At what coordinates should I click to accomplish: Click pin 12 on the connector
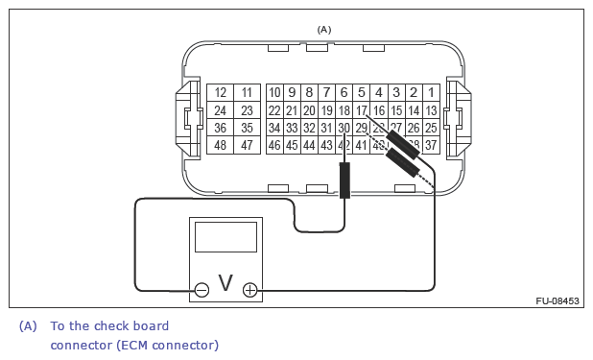click(221, 93)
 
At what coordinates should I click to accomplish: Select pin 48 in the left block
click(221, 146)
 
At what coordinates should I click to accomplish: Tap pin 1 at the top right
click(431, 93)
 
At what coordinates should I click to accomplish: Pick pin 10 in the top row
click(274, 93)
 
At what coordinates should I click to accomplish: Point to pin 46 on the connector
click(274, 146)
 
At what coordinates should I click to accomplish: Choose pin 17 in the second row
click(362, 110)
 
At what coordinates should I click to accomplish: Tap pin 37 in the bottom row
click(431, 146)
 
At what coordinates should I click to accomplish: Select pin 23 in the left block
click(247, 110)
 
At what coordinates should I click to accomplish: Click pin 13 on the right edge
click(431, 110)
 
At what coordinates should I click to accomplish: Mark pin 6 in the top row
click(344, 93)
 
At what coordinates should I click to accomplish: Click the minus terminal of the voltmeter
click(202, 289)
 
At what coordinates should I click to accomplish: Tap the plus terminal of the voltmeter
click(249, 289)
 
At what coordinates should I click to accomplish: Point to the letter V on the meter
click(225, 283)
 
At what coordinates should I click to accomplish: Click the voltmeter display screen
click(225, 236)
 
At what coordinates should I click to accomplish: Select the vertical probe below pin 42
click(344, 180)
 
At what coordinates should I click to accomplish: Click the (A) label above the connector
click(324, 30)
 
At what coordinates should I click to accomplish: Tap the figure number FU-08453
click(557, 301)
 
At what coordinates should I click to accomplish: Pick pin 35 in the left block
click(247, 128)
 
